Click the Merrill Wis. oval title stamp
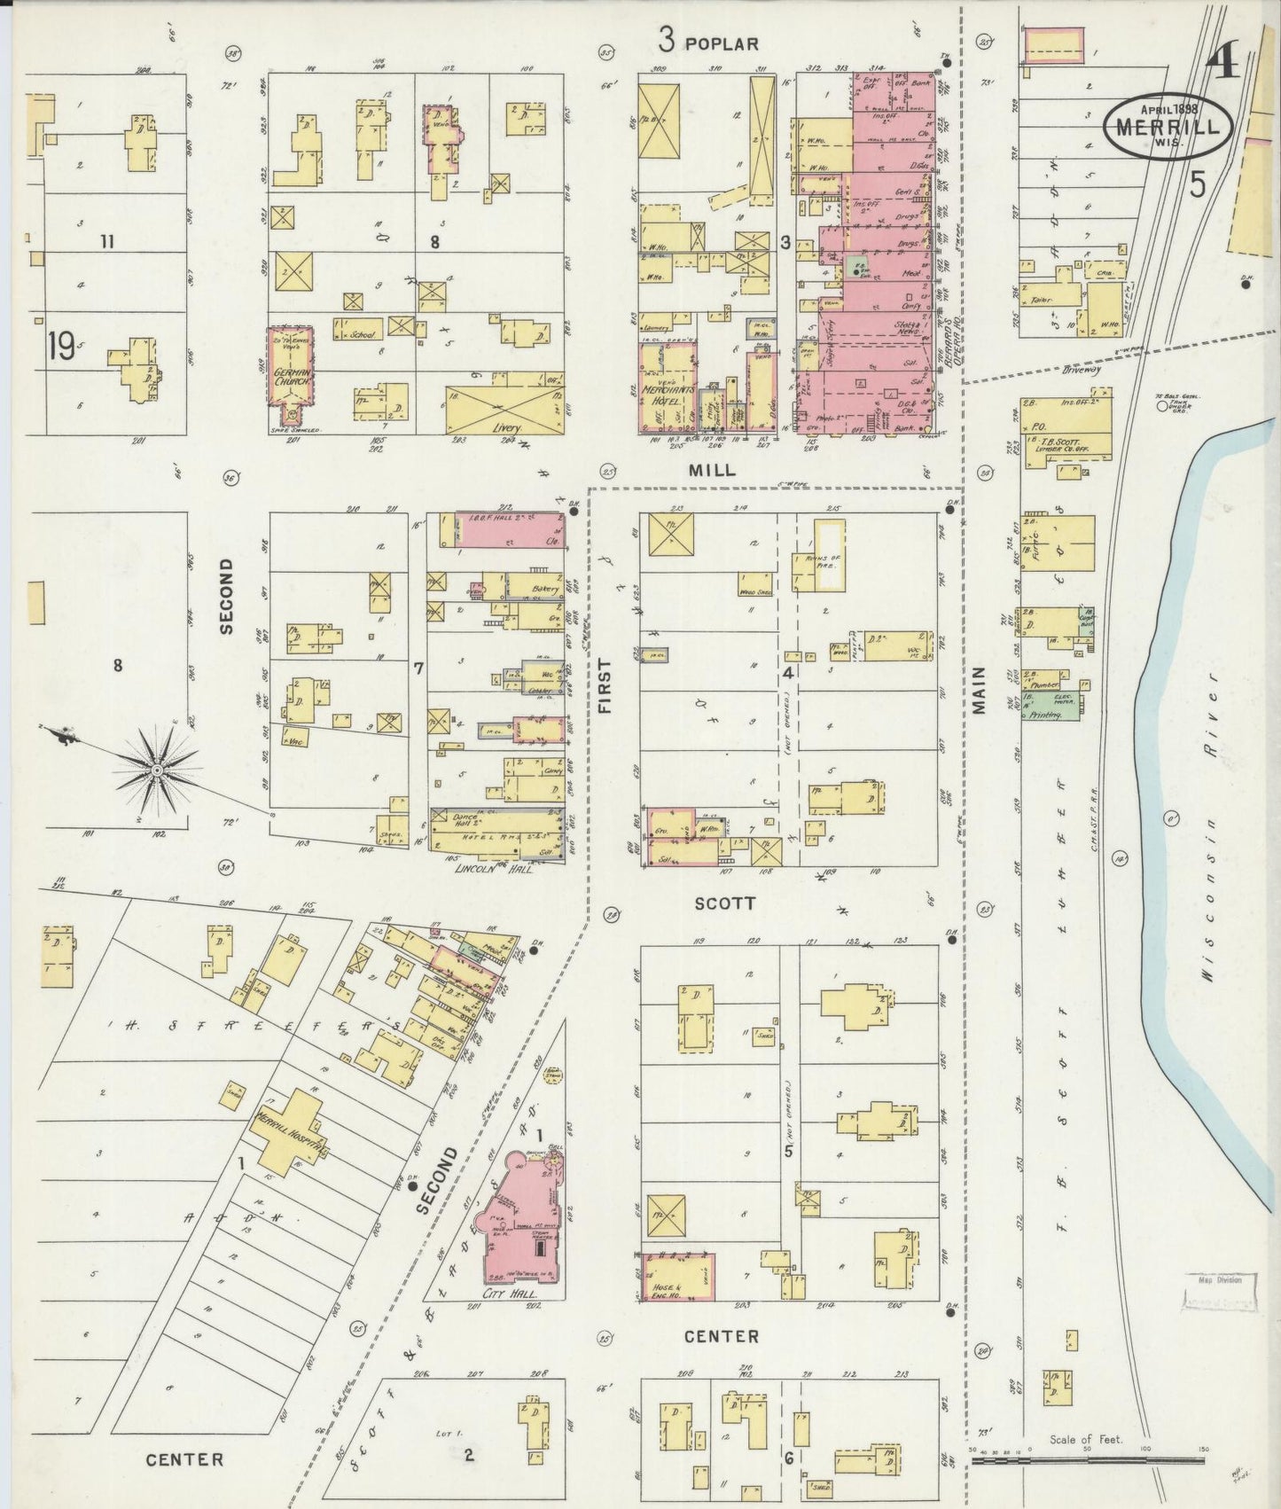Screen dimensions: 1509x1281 (x=1167, y=126)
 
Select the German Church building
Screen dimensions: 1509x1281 (x=291, y=365)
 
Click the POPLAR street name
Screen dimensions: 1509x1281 (x=722, y=43)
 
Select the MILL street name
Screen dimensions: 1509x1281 (x=713, y=471)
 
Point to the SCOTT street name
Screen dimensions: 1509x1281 (x=724, y=903)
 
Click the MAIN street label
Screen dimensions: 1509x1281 (x=979, y=690)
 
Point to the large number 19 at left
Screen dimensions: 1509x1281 (x=62, y=348)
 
